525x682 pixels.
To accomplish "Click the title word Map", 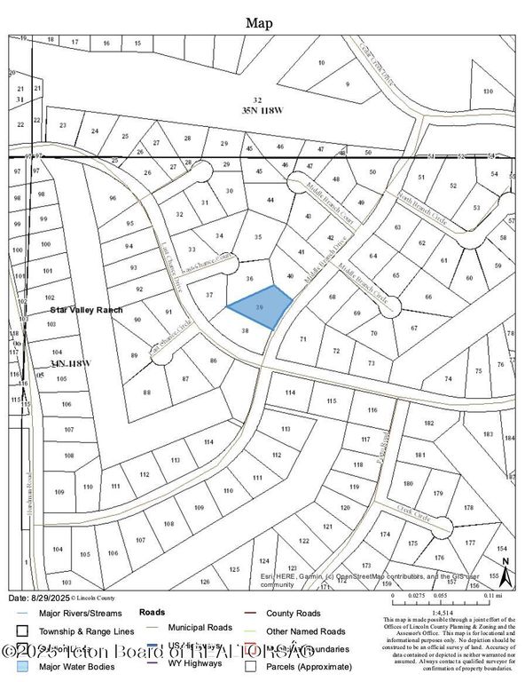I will coord(261,22).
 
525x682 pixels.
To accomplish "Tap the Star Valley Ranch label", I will coord(79,313).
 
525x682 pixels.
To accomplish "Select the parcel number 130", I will coord(487,92).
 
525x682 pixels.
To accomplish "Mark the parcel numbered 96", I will coord(113,198).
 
